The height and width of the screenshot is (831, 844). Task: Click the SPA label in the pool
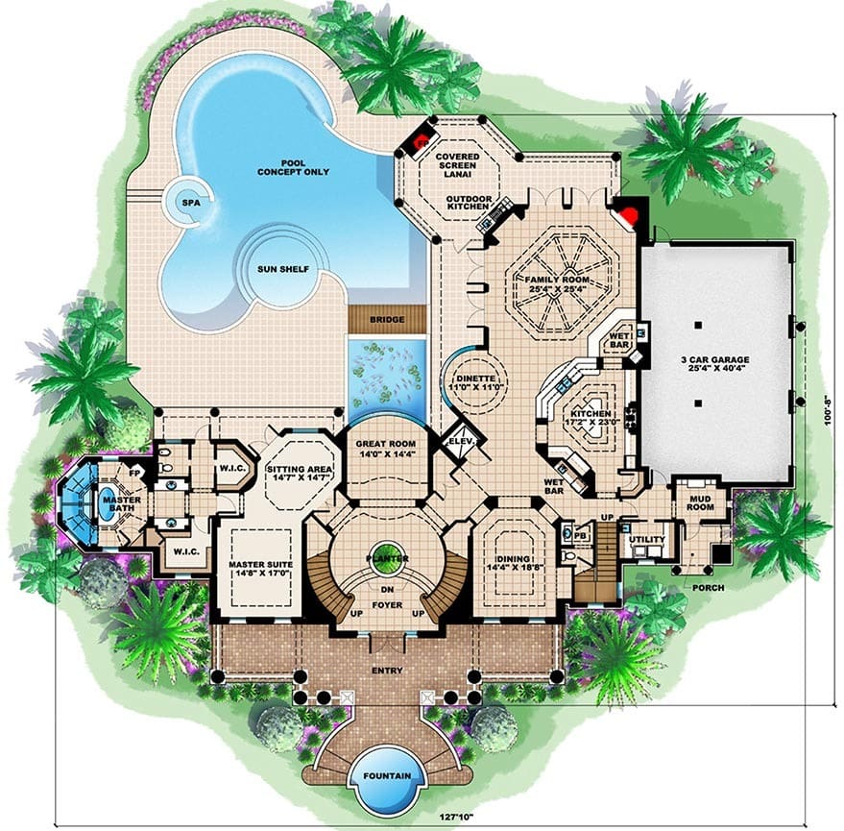[191, 203]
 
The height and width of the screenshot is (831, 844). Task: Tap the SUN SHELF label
[283, 269]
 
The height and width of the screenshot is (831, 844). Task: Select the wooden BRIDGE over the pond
[387, 319]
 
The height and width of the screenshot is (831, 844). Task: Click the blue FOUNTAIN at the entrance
[387, 776]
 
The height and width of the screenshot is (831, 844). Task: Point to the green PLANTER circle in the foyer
[387, 555]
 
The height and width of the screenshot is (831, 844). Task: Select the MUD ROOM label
[700, 502]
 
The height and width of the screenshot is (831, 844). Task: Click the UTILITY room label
[647, 540]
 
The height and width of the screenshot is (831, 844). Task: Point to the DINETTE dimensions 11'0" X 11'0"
[476, 387]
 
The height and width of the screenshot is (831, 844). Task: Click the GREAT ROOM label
[386, 444]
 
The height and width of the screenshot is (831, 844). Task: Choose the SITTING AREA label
[300, 469]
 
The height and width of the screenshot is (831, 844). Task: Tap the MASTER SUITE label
[260, 565]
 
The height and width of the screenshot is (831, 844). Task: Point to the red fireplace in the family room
[628, 215]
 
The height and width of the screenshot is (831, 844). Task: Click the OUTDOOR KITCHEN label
[469, 203]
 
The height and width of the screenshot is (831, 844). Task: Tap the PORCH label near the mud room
[708, 588]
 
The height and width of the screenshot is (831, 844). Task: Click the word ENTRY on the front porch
[387, 671]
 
